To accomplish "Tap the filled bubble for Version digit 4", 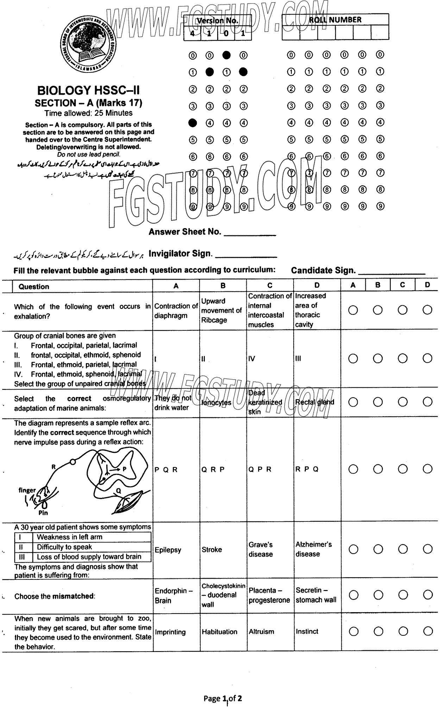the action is (x=193, y=123).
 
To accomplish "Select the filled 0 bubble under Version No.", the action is (x=226, y=55).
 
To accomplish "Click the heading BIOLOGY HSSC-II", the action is (x=88, y=90).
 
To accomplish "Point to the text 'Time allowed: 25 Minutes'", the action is (x=88, y=113).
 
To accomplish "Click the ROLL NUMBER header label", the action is (x=335, y=20).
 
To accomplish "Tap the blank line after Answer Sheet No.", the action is (x=250, y=234).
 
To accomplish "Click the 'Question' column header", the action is (x=34, y=286).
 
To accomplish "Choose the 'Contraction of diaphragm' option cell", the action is (x=176, y=311).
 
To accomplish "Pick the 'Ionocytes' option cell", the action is (x=216, y=402).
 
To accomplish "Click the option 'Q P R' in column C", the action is (x=260, y=469).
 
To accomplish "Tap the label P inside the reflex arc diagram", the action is (x=124, y=469).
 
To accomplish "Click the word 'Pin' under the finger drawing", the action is (x=43, y=513).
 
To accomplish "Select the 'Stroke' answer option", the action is (x=212, y=550).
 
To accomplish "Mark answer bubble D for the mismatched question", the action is (x=428, y=595).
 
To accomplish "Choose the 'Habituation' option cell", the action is (x=220, y=632).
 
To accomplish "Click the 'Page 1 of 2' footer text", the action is (x=222, y=698).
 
